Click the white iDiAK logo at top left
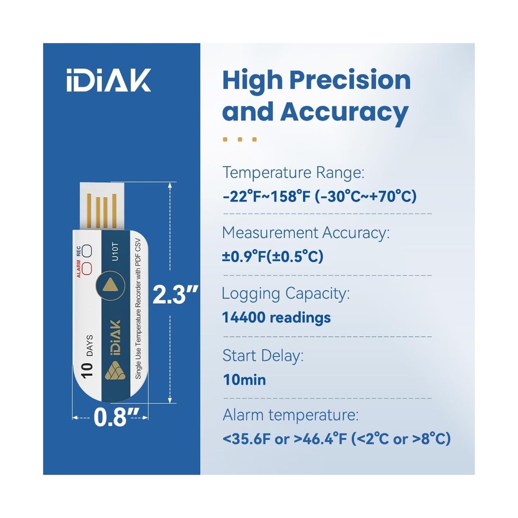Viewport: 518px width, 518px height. coord(108,81)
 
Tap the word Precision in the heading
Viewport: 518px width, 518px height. coord(349,81)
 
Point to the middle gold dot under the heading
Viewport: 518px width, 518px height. coord(240,139)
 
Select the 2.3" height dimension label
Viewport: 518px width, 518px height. coord(176,296)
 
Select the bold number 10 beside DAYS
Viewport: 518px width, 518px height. coord(87,368)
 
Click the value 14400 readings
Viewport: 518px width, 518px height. coord(276,318)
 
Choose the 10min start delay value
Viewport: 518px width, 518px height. coord(244,380)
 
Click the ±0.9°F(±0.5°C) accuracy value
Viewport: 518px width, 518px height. coord(272,256)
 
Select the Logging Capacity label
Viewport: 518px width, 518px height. coord(285,294)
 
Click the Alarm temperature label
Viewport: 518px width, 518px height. coord(290,415)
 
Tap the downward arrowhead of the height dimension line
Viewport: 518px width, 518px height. coord(169,400)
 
